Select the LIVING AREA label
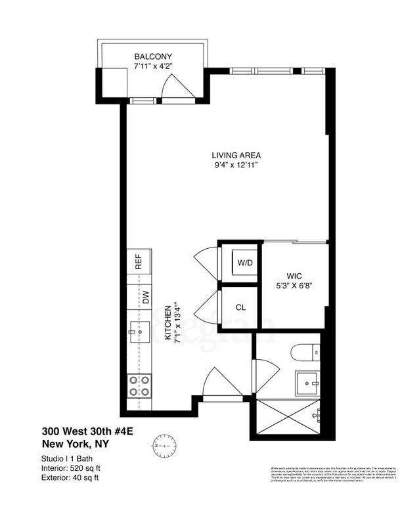(236, 156)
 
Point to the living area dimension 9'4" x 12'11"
(236, 165)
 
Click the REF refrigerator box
(139, 262)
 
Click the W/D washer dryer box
(244, 263)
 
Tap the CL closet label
(241, 307)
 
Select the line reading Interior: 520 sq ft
(72, 467)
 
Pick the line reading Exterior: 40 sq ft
(72, 477)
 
